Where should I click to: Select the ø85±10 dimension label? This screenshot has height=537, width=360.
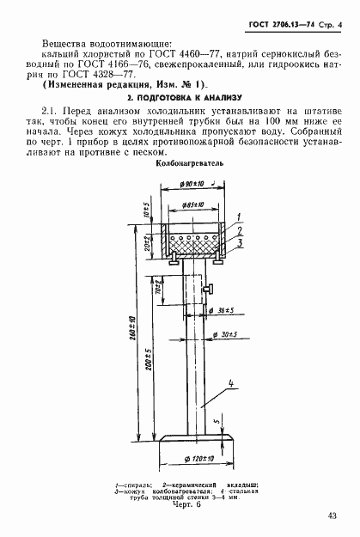click(197, 204)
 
